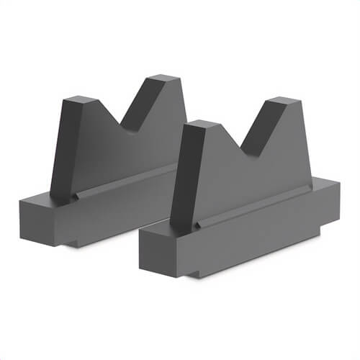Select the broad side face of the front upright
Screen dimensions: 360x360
coord(252,176)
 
